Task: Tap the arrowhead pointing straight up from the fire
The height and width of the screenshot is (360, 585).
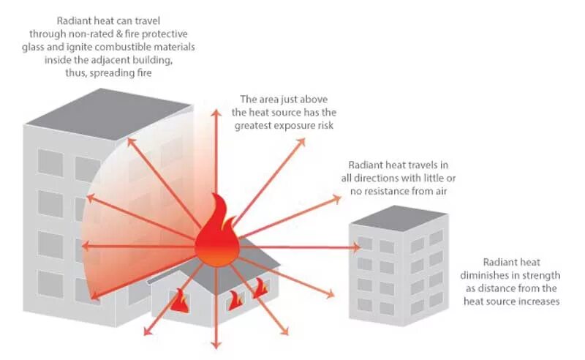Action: pyautogui.click(x=216, y=111)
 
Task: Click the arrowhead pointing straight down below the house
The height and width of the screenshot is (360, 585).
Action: pyautogui.click(x=216, y=344)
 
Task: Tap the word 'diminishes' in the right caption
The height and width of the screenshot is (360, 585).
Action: pyautogui.click(x=510, y=275)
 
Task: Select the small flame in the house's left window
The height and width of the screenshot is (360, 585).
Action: pyautogui.click(x=179, y=301)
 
